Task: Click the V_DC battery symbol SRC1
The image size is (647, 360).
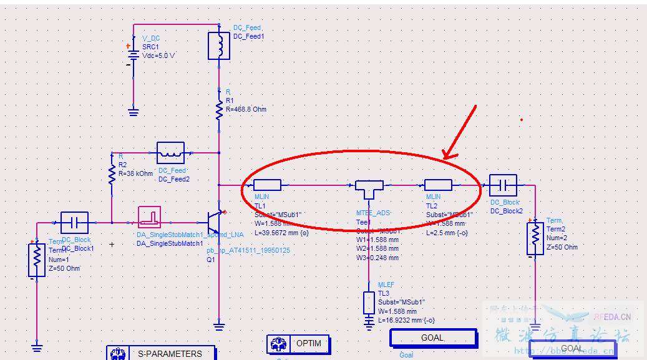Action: [133, 55]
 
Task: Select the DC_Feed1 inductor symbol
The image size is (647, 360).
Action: [219, 46]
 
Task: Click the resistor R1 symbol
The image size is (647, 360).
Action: [219, 110]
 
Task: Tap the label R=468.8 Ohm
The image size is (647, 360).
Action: [246, 109]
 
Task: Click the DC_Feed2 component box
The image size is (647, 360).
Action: [170, 152]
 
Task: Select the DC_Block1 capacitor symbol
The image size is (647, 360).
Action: [74, 222]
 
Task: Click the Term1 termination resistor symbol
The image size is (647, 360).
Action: [37, 260]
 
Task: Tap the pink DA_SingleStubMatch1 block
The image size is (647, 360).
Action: [150, 217]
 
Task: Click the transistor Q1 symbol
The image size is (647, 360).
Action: [216, 222]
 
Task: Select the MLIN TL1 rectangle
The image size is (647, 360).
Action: [267, 185]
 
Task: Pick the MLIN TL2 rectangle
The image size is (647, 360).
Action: [438, 185]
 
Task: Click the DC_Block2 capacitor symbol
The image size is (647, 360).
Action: [503, 185]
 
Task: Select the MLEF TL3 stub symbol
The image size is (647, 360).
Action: [369, 303]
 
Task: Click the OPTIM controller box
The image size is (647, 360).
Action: [298, 344]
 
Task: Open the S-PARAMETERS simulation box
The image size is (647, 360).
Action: [160, 353]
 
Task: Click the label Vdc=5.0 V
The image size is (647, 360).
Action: [158, 55]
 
